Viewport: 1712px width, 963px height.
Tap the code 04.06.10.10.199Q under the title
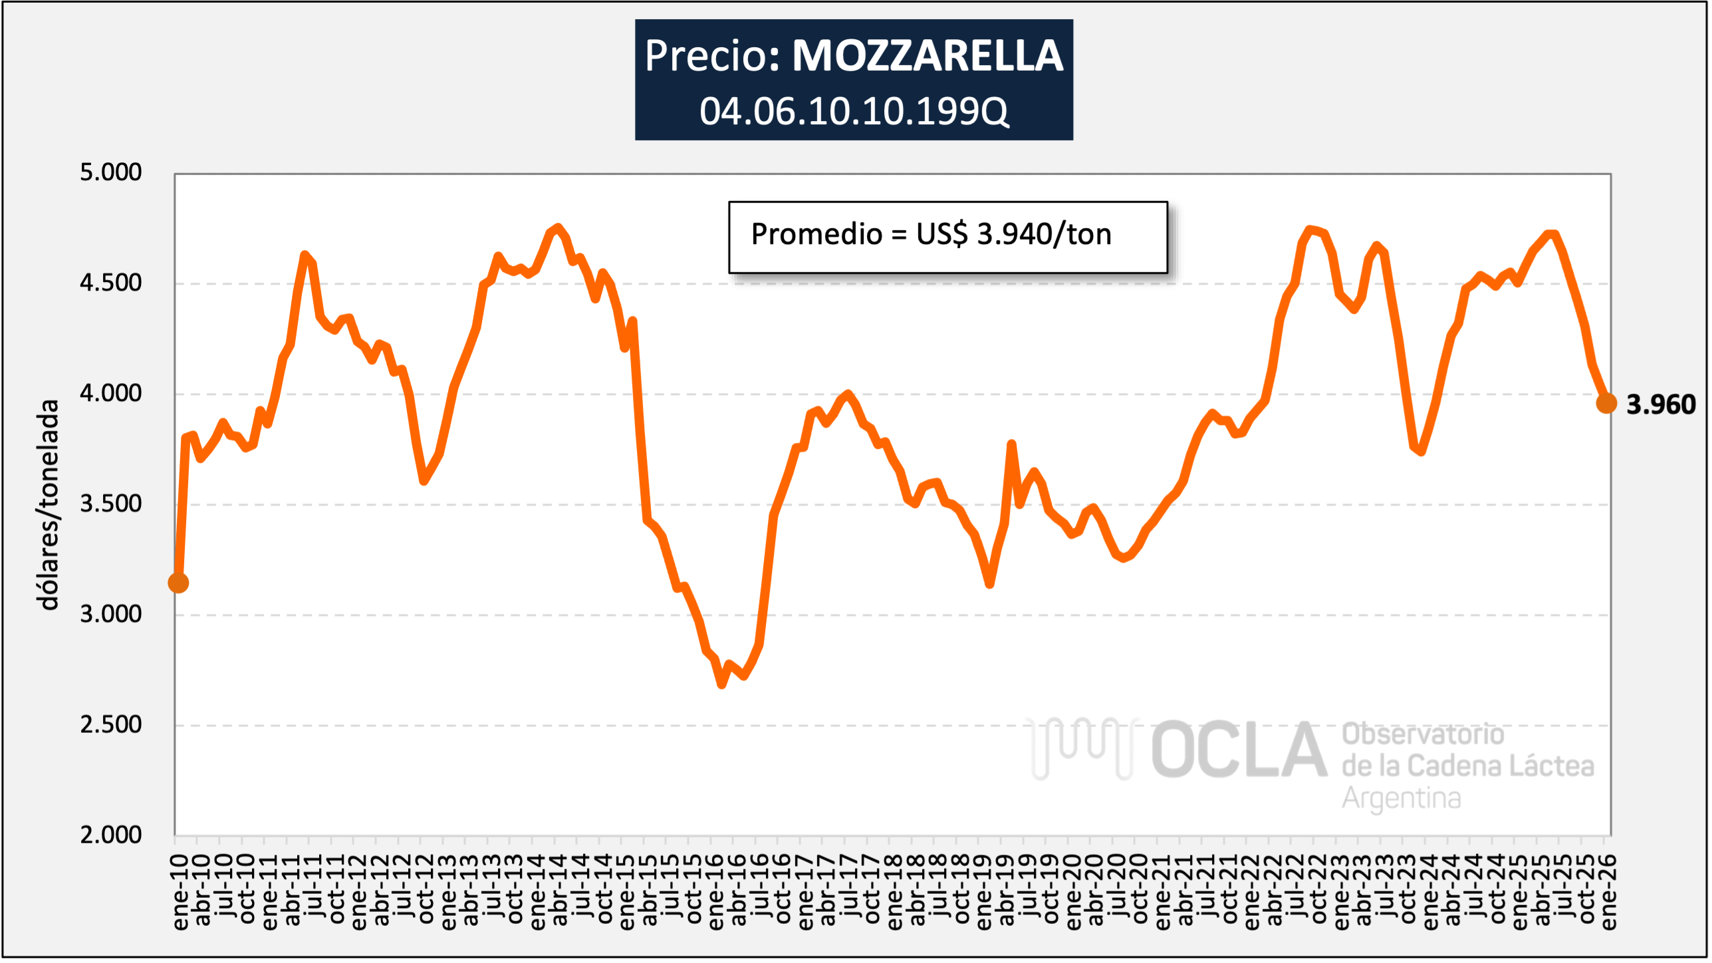tap(854, 111)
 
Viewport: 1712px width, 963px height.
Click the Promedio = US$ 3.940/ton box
tap(947, 237)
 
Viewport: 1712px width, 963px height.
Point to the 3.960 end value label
tap(1660, 404)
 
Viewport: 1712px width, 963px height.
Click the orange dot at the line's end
tap(1606, 403)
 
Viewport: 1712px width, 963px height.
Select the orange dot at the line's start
tap(178, 583)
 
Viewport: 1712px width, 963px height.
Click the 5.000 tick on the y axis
tap(110, 172)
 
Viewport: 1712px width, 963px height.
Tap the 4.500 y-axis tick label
tap(110, 283)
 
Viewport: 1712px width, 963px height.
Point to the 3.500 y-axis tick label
tap(110, 503)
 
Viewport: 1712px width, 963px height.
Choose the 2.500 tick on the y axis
tap(110, 724)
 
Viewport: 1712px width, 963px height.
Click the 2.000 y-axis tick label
tap(110, 835)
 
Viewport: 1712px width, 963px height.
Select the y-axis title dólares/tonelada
tap(48, 505)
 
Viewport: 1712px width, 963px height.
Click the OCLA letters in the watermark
tap(1238, 750)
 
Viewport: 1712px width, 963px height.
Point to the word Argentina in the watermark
tap(1401, 798)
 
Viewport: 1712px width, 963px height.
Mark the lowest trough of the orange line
tap(722, 684)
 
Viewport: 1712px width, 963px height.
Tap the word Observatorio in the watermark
tap(1422, 734)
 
